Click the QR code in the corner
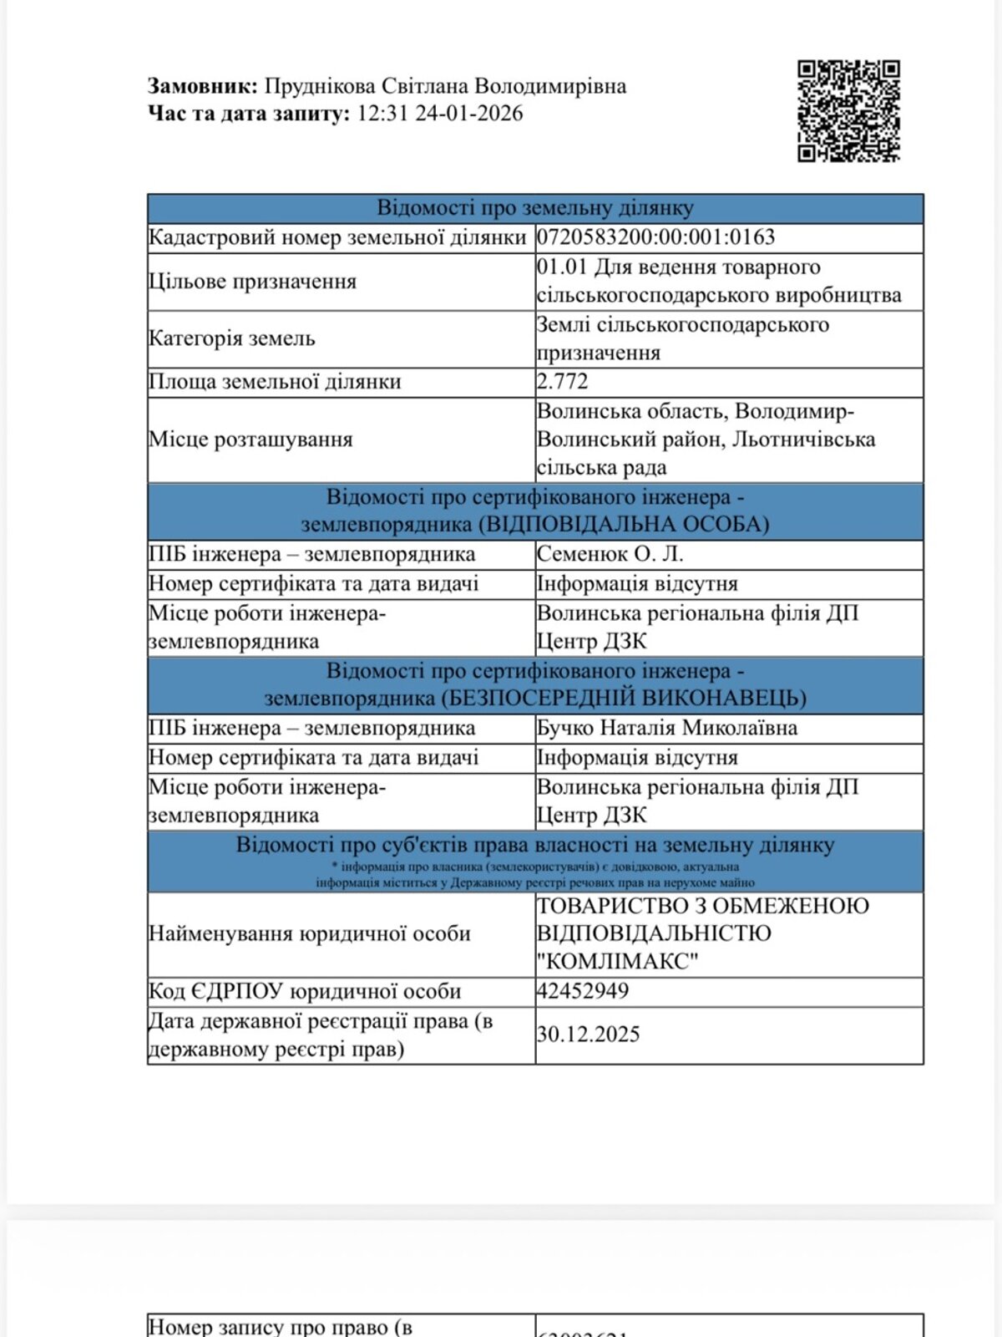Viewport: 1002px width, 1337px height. (x=848, y=111)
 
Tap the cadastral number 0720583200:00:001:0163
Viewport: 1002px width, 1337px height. (x=655, y=237)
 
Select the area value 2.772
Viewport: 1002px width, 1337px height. (x=563, y=382)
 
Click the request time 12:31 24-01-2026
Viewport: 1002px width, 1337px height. (x=440, y=114)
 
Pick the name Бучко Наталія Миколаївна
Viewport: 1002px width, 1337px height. (x=666, y=728)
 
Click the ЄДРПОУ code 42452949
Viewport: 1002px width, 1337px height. (x=582, y=991)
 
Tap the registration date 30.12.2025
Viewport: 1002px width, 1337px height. (x=588, y=1035)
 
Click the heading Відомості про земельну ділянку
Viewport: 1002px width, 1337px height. (x=535, y=208)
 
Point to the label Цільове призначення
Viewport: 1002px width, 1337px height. (x=252, y=282)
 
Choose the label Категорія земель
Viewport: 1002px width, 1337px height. (x=232, y=338)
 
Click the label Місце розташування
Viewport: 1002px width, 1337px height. (x=250, y=440)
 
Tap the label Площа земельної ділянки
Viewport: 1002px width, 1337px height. (x=275, y=382)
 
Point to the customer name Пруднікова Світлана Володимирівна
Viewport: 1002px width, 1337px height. (x=445, y=86)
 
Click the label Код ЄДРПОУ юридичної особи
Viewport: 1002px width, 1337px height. (x=305, y=991)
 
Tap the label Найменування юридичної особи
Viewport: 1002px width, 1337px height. (x=310, y=933)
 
